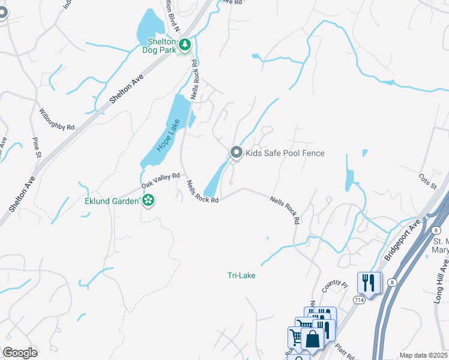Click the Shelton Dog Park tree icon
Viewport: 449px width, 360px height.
coord(185,43)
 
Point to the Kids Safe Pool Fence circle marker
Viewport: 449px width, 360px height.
coord(236,153)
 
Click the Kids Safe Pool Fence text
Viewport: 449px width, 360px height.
coord(285,154)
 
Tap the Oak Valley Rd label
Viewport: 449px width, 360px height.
coord(161,181)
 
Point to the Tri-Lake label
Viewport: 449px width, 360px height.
coord(241,275)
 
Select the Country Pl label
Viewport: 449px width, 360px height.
coord(334,286)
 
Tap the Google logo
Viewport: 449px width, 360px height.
coord(20,353)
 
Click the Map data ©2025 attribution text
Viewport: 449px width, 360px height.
coord(423,355)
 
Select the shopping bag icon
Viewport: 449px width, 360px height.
coord(313,339)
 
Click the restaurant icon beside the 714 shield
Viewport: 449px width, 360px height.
coord(367,282)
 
